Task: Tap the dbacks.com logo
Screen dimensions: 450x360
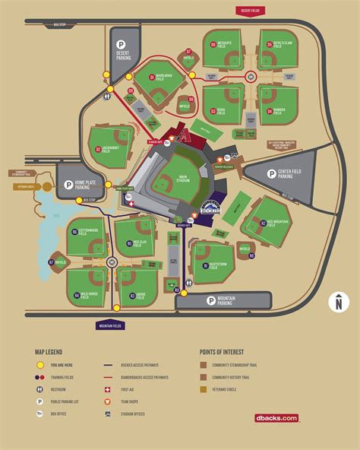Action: coord(276,418)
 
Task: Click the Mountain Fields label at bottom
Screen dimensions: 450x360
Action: coord(109,325)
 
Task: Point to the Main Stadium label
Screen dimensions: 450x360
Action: coord(182,179)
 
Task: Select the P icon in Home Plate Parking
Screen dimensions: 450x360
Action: coord(68,184)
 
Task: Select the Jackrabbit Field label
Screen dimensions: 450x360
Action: coord(109,149)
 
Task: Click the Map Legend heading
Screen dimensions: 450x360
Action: coord(48,352)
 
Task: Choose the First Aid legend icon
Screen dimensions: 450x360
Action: coord(108,388)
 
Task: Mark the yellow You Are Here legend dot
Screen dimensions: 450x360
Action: coord(39,364)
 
